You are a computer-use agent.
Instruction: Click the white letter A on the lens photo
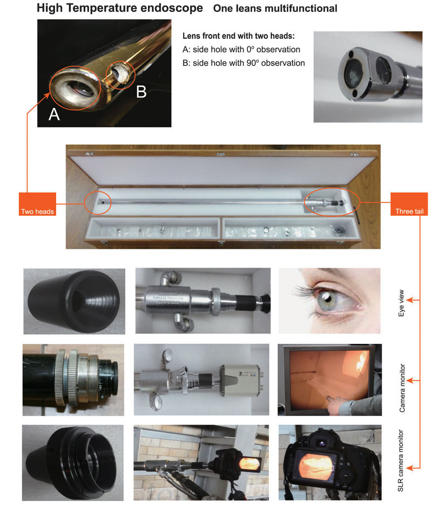coord(54,114)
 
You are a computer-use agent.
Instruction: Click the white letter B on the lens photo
coord(141,92)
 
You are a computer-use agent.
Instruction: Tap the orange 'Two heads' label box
coord(37,204)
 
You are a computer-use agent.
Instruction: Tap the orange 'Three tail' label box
coord(409,204)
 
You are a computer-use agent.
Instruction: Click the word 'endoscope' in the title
coord(171,8)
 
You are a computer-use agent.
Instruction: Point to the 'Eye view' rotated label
coord(401,303)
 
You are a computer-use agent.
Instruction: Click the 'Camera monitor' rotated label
coord(402,388)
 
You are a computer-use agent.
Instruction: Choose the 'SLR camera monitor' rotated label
coord(401,460)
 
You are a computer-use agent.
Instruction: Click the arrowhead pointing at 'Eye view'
coord(410,300)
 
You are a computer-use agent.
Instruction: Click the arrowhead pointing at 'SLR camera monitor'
coord(410,468)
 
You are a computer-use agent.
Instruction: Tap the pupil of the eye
coord(327,298)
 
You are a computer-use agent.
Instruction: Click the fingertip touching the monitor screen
coord(329,399)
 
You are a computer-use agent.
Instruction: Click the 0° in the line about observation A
coord(250,50)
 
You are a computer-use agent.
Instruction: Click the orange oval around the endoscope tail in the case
coord(332,202)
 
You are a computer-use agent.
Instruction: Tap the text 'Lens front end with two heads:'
coord(239,36)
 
